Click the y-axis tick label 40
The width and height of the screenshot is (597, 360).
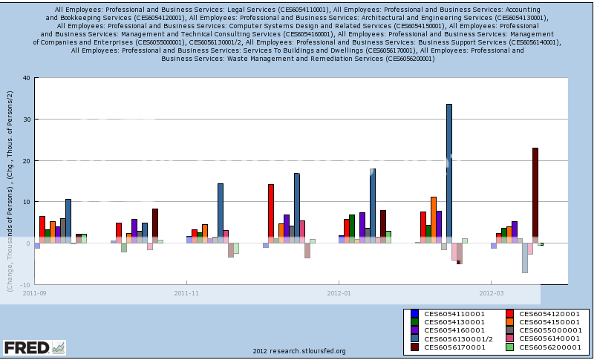(x=26, y=78)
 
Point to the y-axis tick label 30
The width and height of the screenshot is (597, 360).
(x=26, y=120)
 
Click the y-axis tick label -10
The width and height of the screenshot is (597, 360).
(x=25, y=284)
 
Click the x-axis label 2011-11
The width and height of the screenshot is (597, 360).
(x=186, y=293)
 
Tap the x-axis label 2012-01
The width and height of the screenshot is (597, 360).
(x=339, y=293)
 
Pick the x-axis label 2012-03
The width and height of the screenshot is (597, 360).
(x=491, y=293)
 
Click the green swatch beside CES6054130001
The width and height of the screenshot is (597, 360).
(x=414, y=322)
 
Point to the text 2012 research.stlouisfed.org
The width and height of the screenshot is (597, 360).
(x=298, y=351)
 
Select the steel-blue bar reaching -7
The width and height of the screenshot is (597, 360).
(x=524, y=258)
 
